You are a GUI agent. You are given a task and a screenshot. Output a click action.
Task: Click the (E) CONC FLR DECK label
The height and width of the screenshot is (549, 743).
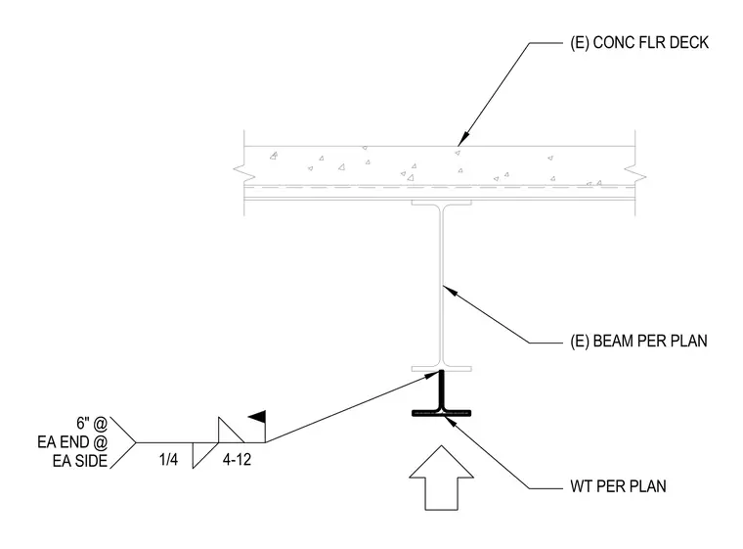[x=639, y=43]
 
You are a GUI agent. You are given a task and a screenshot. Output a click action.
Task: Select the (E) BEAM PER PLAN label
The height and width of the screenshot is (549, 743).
[x=638, y=341]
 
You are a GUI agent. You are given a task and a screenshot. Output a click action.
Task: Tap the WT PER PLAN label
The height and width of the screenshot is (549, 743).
[x=618, y=486]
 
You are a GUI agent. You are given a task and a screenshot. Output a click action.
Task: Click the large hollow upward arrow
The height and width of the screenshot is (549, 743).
[x=441, y=478]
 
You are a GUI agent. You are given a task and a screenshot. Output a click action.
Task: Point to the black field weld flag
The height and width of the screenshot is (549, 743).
[x=257, y=417]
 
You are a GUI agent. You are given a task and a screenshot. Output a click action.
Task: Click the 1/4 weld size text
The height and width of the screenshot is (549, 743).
[x=169, y=459]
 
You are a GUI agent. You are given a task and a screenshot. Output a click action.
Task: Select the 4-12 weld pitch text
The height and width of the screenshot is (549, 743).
[x=237, y=459]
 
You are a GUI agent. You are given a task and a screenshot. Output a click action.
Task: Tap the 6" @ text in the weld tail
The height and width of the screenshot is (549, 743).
[x=92, y=423]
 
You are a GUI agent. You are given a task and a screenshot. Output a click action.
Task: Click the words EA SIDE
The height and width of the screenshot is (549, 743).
[x=80, y=461]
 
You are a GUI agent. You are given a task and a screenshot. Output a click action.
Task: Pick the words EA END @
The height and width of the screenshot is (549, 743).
[x=72, y=442]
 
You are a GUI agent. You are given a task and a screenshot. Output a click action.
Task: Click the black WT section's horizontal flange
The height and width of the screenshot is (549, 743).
[x=441, y=413]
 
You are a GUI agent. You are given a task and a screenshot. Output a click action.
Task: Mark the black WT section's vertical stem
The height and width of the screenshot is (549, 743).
[x=442, y=390]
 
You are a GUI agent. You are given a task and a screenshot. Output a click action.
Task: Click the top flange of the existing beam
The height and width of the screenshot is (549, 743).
[x=441, y=203]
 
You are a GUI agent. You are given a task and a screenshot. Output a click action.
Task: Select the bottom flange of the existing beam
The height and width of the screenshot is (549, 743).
[x=441, y=369]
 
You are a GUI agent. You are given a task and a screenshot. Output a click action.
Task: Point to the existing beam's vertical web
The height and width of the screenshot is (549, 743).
[x=442, y=286]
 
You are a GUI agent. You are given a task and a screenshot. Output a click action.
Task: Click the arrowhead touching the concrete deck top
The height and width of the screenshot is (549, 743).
[x=462, y=140]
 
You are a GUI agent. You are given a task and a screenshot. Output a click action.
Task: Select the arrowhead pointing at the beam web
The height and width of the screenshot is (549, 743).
[x=449, y=290]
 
